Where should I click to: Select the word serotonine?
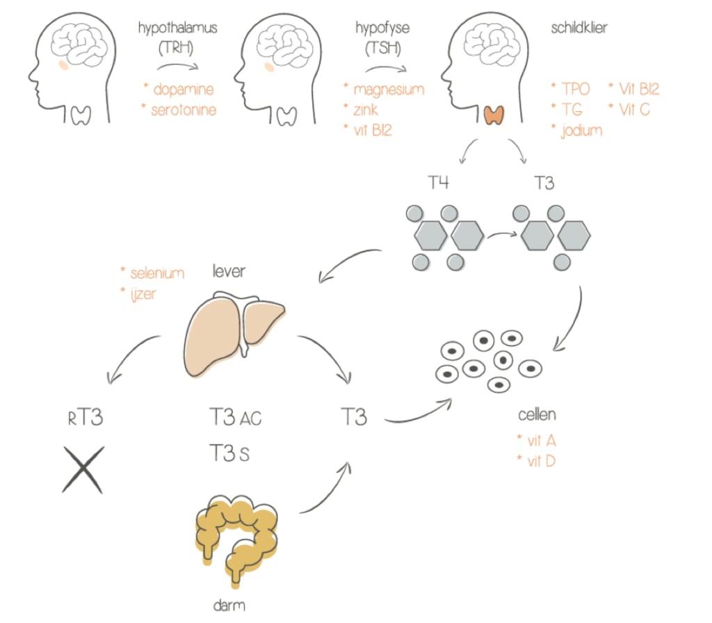[x=183, y=110]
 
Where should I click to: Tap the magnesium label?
[x=389, y=90]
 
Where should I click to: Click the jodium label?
[x=581, y=130]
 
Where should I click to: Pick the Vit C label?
[x=633, y=109]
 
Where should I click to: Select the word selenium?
[x=157, y=273]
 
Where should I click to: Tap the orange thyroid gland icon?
[x=494, y=114]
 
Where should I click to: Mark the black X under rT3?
[x=83, y=469]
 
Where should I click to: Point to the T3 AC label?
[x=236, y=419]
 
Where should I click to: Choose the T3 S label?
[x=229, y=454]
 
